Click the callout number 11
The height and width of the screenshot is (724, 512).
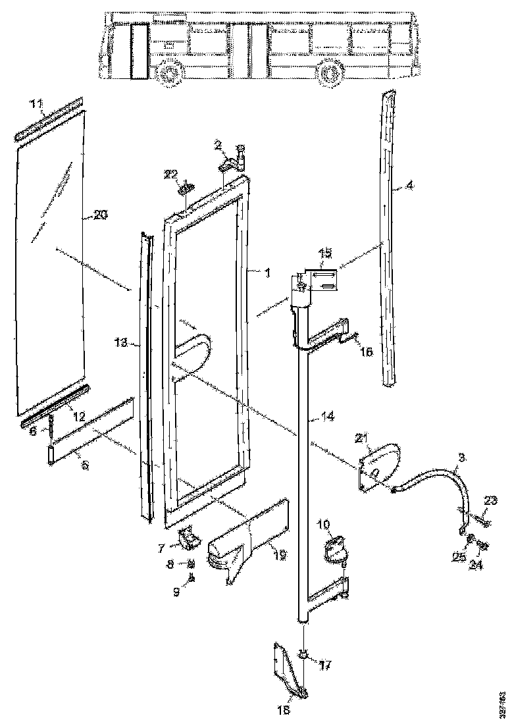click(x=36, y=103)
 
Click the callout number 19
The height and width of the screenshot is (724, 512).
click(x=280, y=555)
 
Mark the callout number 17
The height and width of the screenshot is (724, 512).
click(x=324, y=664)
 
